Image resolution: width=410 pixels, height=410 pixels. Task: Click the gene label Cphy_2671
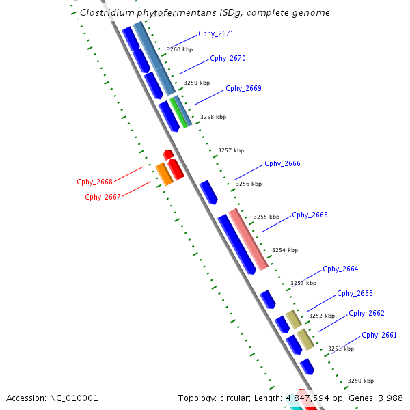point(215,33)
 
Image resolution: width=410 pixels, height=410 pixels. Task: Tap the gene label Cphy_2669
point(243,88)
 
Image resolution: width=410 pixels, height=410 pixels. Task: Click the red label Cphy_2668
point(94,182)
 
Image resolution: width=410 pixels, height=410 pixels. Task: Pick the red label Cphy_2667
point(102,197)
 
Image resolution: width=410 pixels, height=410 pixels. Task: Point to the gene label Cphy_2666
point(282,163)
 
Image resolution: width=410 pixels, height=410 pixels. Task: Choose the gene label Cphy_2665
point(310,215)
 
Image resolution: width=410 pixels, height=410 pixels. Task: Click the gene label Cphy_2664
point(340,269)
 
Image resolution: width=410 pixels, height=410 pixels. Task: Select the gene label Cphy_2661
point(379,335)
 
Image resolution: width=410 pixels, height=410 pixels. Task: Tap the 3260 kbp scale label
point(180,49)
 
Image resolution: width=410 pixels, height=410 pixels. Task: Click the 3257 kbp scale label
point(230,150)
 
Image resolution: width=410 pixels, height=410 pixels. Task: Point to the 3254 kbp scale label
point(285,250)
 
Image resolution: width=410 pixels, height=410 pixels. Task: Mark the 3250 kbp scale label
point(361,381)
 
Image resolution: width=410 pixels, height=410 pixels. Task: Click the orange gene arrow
point(163,175)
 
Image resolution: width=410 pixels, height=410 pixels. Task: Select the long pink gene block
point(249,239)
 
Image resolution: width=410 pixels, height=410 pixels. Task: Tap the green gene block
point(180,113)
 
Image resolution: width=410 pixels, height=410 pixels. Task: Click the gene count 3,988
point(390,398)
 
